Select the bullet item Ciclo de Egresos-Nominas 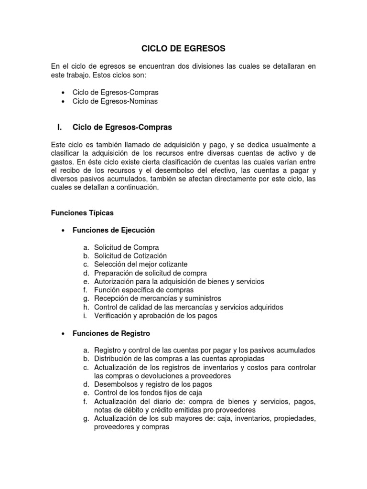pyautogui.click(x=115, y=101)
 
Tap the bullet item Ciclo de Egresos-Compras pyautogui.click(x=115, y=92)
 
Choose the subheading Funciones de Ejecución pyautogui.click(x=114, y=230)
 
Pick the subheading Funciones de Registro pyautogui.click(x=111, y=333)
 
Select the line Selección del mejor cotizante pyautogui.click(x=140, y=265)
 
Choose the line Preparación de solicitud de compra pyautogui.click(x=151, y=273)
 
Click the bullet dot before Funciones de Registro pyautogui.click(x=64, y=333)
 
